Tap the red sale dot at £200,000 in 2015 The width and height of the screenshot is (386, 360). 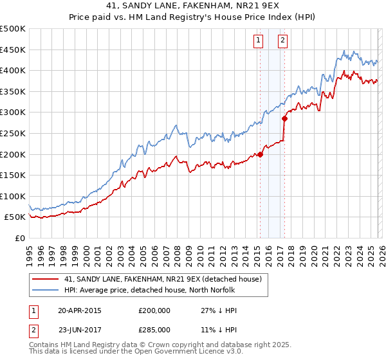260,154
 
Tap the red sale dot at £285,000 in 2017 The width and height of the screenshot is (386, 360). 285,118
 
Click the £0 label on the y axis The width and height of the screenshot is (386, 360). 19,238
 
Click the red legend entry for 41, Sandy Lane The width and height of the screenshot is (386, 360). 162,279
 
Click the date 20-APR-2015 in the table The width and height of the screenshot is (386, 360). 80,310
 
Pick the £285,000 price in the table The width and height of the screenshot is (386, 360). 154,331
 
